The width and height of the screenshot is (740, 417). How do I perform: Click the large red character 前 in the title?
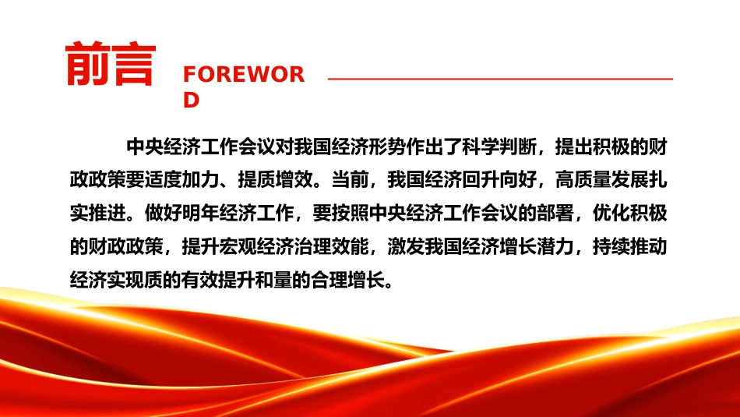pos(88,64)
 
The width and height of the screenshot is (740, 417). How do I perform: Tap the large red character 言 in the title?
pos(133,64)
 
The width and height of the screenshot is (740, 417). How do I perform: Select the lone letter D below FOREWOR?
pos(191,100)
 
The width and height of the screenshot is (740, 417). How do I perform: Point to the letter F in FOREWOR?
pos(189,75)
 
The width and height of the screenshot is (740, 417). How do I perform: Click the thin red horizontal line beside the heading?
pos(500,79)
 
